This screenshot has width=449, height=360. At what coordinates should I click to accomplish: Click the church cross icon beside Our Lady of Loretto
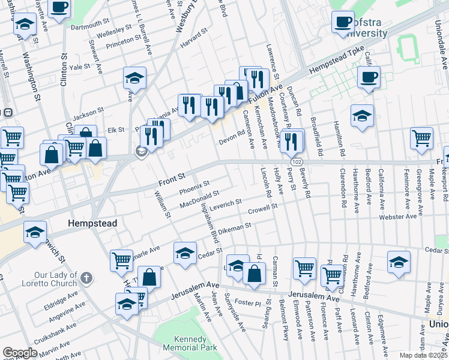(87, 278)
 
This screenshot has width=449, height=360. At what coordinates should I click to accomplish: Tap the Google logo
(20, 353)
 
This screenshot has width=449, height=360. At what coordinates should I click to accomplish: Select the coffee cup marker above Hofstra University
(343, 22)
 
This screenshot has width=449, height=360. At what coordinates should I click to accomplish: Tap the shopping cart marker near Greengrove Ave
(421, 137)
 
